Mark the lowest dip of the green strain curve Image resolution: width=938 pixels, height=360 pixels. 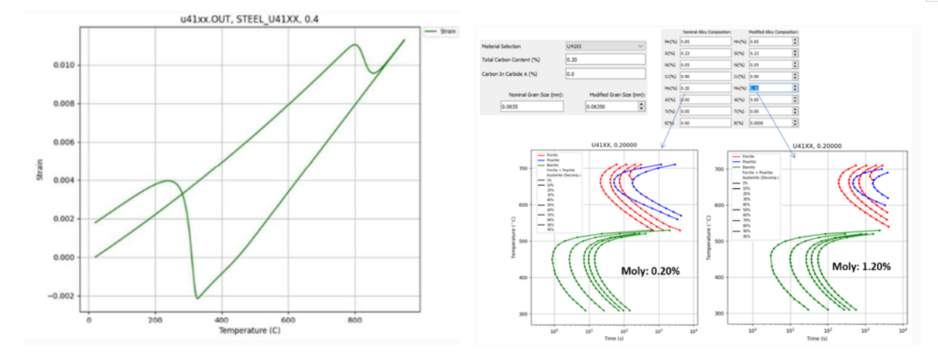pos(197,298)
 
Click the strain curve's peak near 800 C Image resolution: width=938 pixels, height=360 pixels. pos(354,45)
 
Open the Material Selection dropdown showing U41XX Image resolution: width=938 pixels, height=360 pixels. pos(604,46)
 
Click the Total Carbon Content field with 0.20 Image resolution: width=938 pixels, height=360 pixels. pos(604,60)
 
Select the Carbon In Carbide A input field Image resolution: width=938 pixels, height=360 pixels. pos(604,74)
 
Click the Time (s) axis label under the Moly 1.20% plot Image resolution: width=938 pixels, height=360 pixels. pos(817,338)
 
